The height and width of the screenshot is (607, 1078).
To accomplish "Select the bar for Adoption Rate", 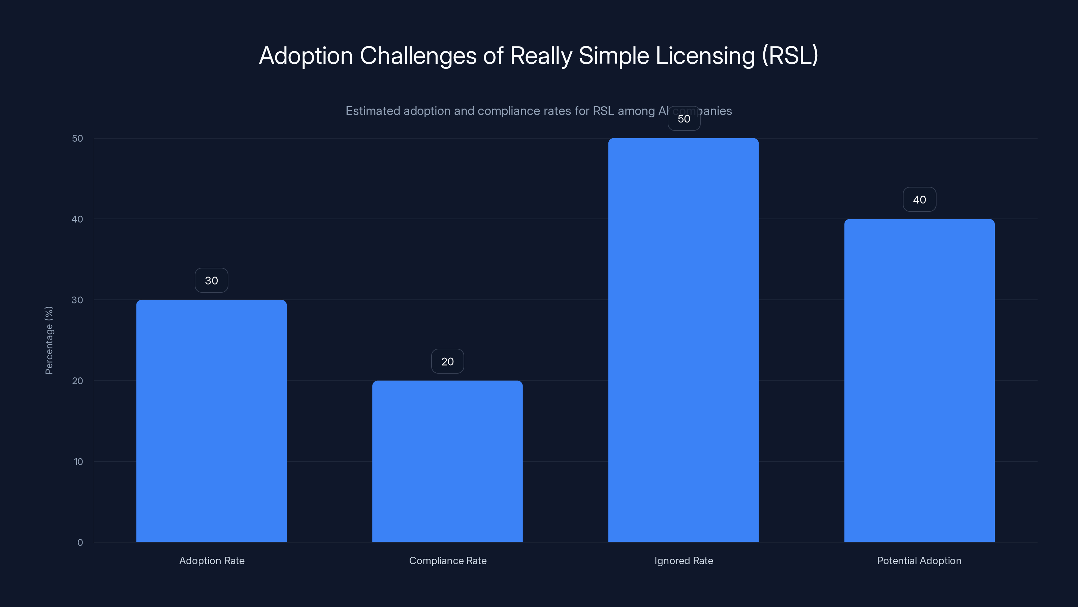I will pyautogui.click(x=211, y=421).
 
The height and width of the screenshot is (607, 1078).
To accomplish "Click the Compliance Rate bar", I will pyautogui.click(x=447, y=461).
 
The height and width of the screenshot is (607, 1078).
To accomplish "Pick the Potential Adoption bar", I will pyautogui.click(x=919, y=380).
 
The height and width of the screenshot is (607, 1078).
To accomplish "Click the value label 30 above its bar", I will pyautogui.click(x=211, y=280).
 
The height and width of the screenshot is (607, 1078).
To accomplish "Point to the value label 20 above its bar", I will pyautogui.click(x=447, y=361).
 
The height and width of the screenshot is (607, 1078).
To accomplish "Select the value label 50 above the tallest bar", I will pyautogui.click(x=684, y=119).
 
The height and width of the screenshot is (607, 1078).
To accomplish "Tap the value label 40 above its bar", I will pyautogui.click(x=919, y=199).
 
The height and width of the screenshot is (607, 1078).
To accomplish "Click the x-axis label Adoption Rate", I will pyautogui.click(x=212, y=560).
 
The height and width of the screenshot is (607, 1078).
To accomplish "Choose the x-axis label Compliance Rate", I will pyautogui.click(x=448, y=560).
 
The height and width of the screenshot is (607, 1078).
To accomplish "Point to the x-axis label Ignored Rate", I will pyautogui.click(x=684, y=560).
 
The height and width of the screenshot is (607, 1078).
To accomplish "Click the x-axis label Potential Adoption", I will pyautogui.click(x=919, y=560).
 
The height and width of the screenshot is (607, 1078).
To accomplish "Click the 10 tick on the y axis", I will pyautogui.click(x=78, y=462).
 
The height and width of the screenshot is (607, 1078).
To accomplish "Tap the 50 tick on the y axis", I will pyautogui.click(x=77, y=138).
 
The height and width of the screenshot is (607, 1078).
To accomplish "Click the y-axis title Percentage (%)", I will pyautogui.click(x=49, y=340).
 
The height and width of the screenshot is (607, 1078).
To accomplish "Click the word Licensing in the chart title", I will pyautogui.click(x=705, y=56).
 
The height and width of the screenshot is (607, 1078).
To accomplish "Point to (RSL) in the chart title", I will pyautogui.click(x=790, y=56).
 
